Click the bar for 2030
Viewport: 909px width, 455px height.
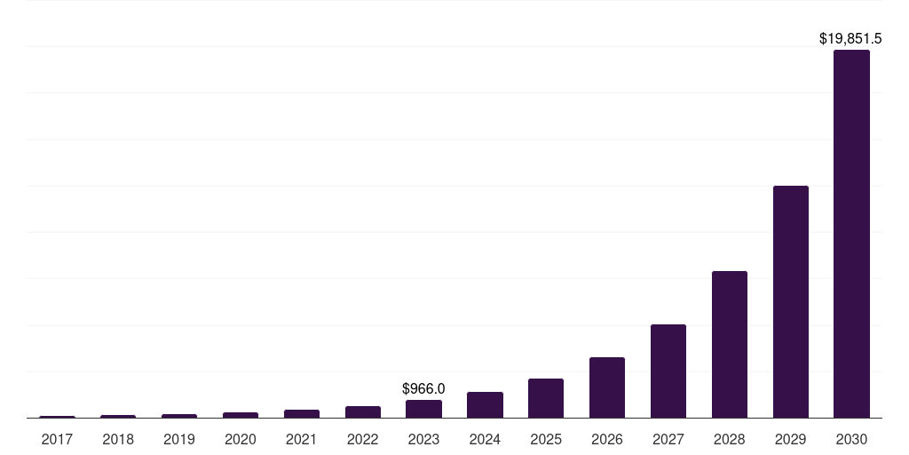(851, 234)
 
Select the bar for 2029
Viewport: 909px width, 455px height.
(790, 301)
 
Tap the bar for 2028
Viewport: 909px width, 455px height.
(729, 344)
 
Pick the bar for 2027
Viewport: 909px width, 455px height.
(668, 371)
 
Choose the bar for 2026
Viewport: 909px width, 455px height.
(606, 387)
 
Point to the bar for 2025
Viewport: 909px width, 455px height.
(545, 398)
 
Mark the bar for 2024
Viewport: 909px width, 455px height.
(485, 404)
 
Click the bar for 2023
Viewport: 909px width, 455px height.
(423, 409)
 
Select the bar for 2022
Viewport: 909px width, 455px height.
(362, 411)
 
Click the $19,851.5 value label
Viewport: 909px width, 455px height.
(850, 39)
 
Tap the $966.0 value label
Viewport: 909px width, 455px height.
(423, 389)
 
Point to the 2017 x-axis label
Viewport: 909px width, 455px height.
(57, 439)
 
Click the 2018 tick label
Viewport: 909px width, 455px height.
(118, 439)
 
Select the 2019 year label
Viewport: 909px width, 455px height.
(179, 439)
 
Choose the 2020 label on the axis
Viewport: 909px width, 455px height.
(240, 439)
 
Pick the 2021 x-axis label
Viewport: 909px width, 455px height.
(301, 439)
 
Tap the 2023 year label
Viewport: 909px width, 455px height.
(423, 439)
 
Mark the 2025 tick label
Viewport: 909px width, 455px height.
(545, 439)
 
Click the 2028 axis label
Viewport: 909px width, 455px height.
(729, 439)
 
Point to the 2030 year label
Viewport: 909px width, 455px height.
(851, 439)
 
